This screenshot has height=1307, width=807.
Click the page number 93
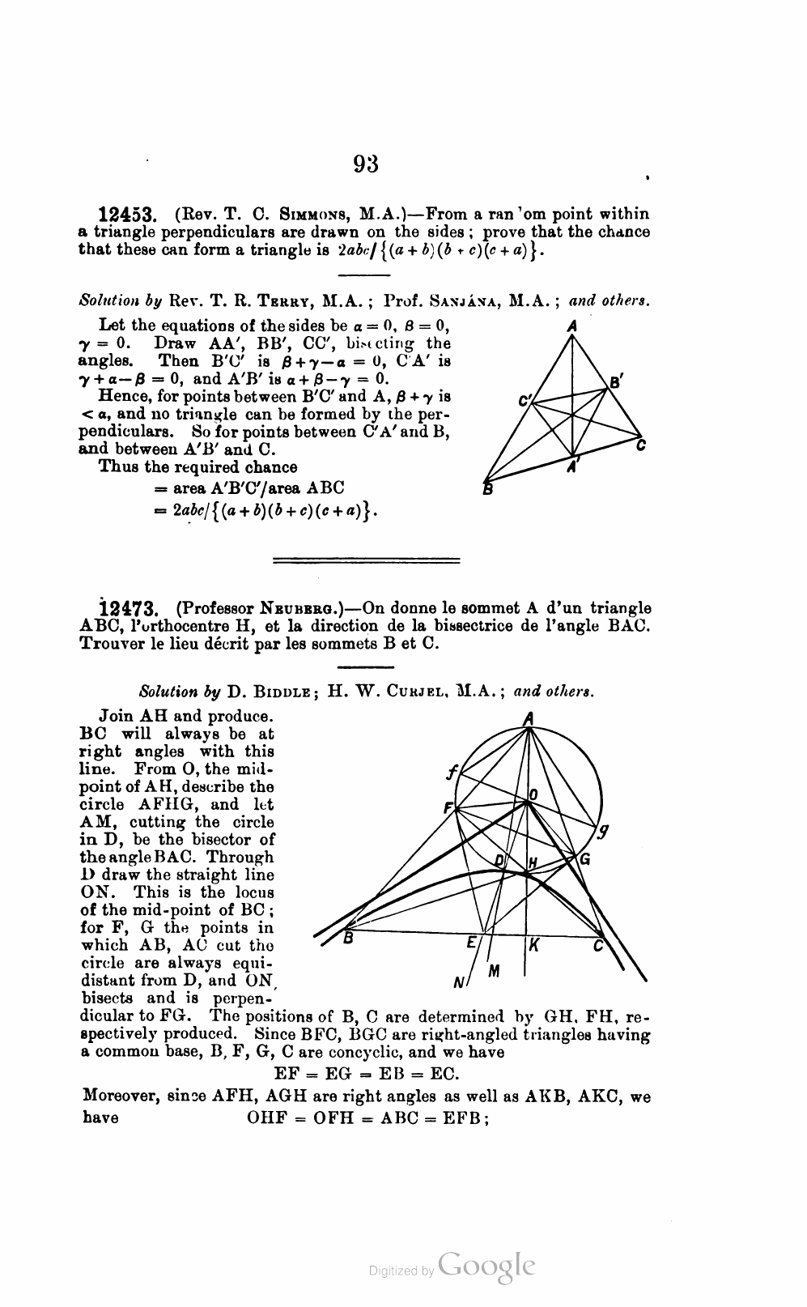366,164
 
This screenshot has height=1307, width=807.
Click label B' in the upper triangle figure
616,381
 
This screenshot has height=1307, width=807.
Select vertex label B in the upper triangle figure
487,488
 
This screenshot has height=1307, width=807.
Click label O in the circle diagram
533,795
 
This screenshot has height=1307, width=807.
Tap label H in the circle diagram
533,863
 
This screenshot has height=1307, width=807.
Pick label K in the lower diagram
535,943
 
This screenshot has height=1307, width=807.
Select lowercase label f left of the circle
451,773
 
